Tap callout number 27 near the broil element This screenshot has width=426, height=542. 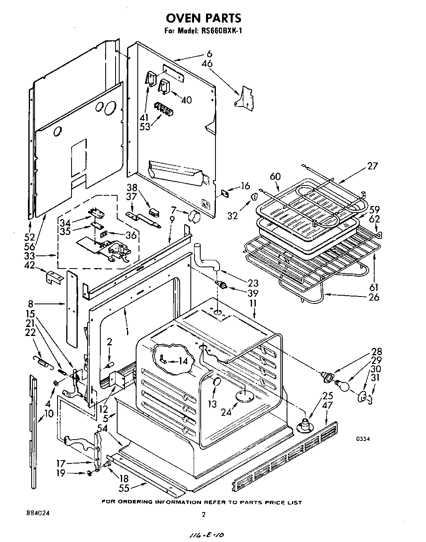click(x=372, y=167)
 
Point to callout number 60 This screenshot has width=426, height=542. click(x=275, y=176)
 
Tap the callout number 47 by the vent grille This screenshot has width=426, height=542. click(x=327, y=405)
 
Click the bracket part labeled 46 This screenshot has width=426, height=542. click(x=246, y=97)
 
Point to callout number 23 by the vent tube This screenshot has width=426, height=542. click(x=253, y=283)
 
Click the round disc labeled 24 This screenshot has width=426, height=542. click(x=244, y=396)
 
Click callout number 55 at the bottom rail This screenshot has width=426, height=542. click(x=123, y=488)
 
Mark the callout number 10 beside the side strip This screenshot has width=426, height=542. click(x=49, y=413)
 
